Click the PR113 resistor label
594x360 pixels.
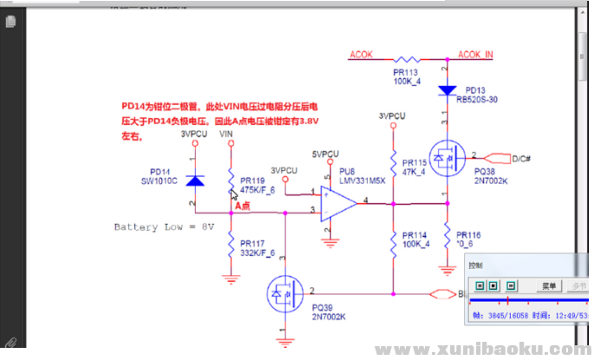coord(405,73)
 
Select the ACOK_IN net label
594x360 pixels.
coord(475,54)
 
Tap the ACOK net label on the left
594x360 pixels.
coord(361,54)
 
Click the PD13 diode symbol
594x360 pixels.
coord(447,90)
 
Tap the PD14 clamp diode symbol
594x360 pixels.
coord(194,180)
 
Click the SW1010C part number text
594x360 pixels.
coord(159,180)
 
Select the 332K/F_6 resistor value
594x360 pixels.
coord(257,252)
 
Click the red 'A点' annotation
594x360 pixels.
coord(242,206)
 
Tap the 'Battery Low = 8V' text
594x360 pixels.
coord(163,226)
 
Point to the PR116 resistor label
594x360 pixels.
coord(470,235)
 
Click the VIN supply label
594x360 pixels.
coord(225,135)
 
